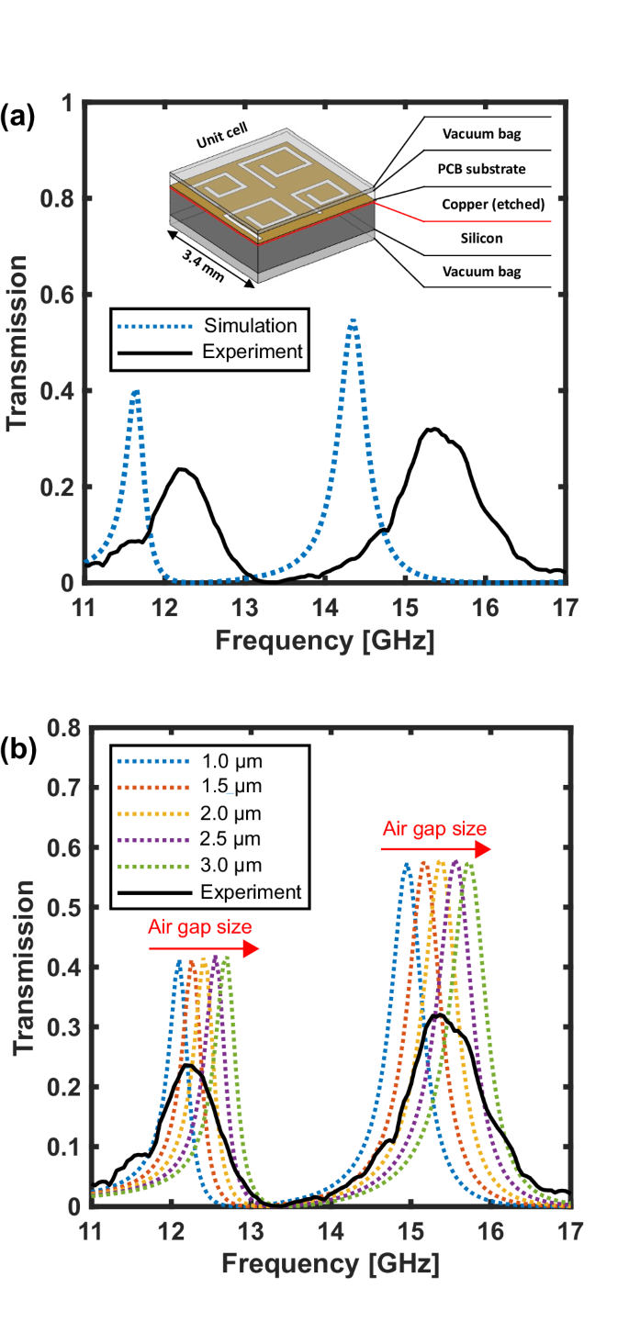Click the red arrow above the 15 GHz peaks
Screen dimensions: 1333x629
tap(437, 850)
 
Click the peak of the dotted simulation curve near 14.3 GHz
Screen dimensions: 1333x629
tap(353, 320)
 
